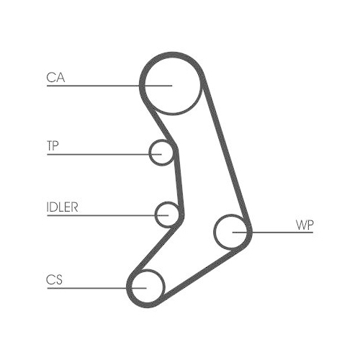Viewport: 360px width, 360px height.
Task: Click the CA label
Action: coord(55,78)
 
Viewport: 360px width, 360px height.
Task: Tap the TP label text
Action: coord(53,145)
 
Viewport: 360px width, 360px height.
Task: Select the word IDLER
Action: coord(63,207)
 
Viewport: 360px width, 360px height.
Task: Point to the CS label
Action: coord(54,279)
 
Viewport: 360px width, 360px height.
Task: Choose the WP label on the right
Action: coord(305,225)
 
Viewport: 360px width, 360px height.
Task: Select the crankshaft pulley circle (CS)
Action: coord(165,286)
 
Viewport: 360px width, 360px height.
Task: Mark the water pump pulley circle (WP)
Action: coord(215,232)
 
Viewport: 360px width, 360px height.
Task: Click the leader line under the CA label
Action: coord(109,86)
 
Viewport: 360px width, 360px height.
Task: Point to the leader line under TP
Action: coord(104,154)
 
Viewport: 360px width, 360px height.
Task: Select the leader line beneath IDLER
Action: coord(107,215)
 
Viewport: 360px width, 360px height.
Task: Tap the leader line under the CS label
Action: coord(96,288)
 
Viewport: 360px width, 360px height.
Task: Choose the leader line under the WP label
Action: coord(273,233)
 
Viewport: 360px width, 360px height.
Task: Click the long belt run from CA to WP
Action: coord(226,151)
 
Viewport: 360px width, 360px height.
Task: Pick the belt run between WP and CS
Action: coord(203,273)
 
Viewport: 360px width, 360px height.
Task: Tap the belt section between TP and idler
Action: coord(179,181)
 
